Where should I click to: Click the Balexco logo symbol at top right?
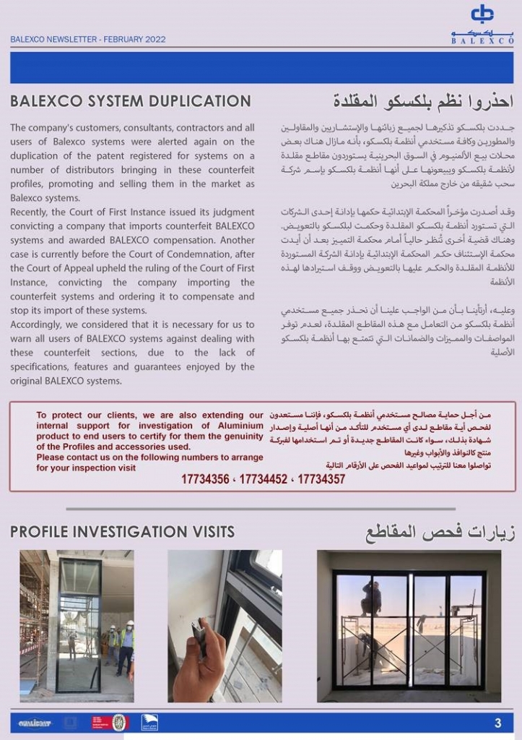tap(482, 14)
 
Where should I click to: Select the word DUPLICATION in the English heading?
tap(196, 101)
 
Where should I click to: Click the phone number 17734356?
tap(205, 479)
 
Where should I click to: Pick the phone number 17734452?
tap(263, 479)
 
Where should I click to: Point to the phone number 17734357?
tap(321, 479)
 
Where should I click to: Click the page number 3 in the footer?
tap(497, 723)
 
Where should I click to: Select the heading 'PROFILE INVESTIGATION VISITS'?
tap(122, 532)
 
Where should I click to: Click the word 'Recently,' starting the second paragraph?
tap(31, 212)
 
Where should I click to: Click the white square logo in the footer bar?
tap(149, 723)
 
